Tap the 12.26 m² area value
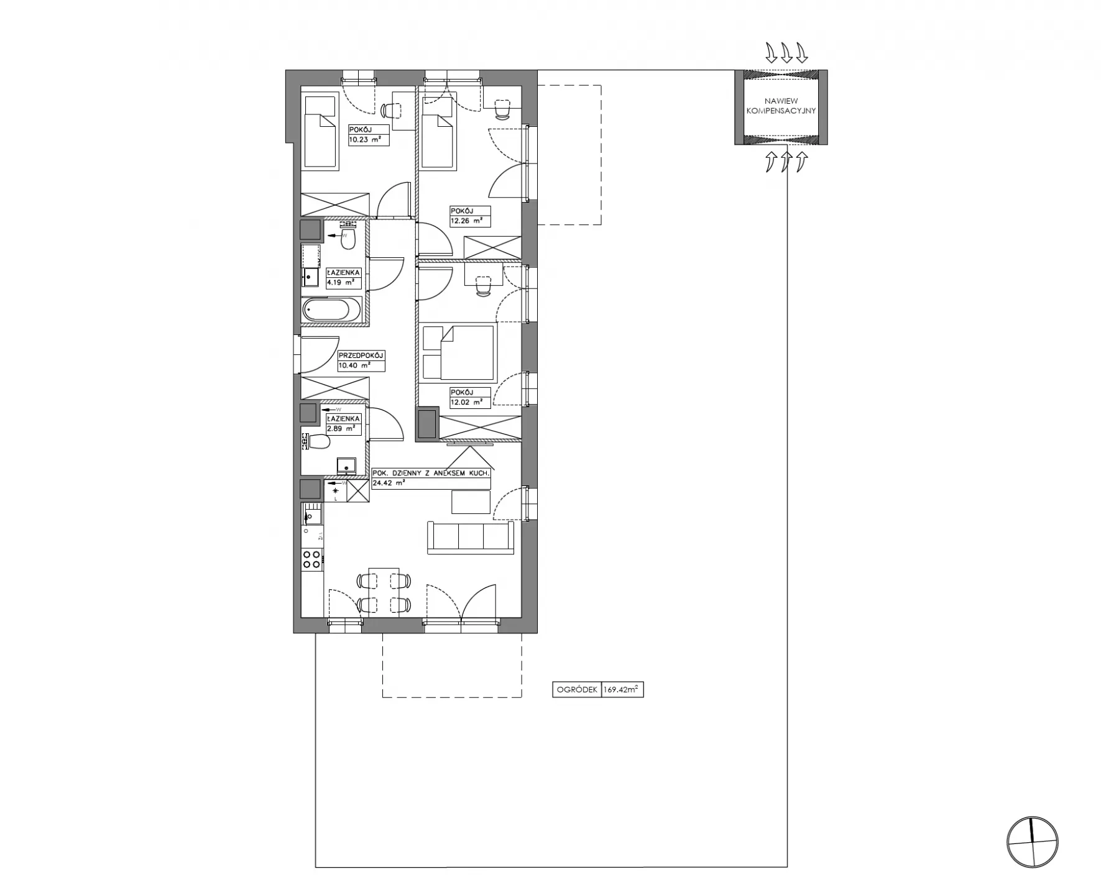(x=466, y=221)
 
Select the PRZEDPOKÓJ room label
(x=361, y=356)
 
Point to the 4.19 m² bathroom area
(x=340, y=282)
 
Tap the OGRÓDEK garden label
(x=577, y=689)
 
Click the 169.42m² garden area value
(x=622, y=689)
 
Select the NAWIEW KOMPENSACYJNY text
(x=781, y=106)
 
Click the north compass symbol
(x=1031, y=843)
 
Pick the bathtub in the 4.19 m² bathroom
(x=331, y=309)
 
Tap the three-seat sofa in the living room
(x=471, y=538)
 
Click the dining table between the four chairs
(x=384, y=590)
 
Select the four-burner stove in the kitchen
(x=311, y=559)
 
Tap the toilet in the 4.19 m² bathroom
(x=348, y=236)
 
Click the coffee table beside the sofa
(x=471, y=502)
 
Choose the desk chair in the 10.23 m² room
(x=391, y=110)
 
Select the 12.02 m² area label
(x=466, y=402)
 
